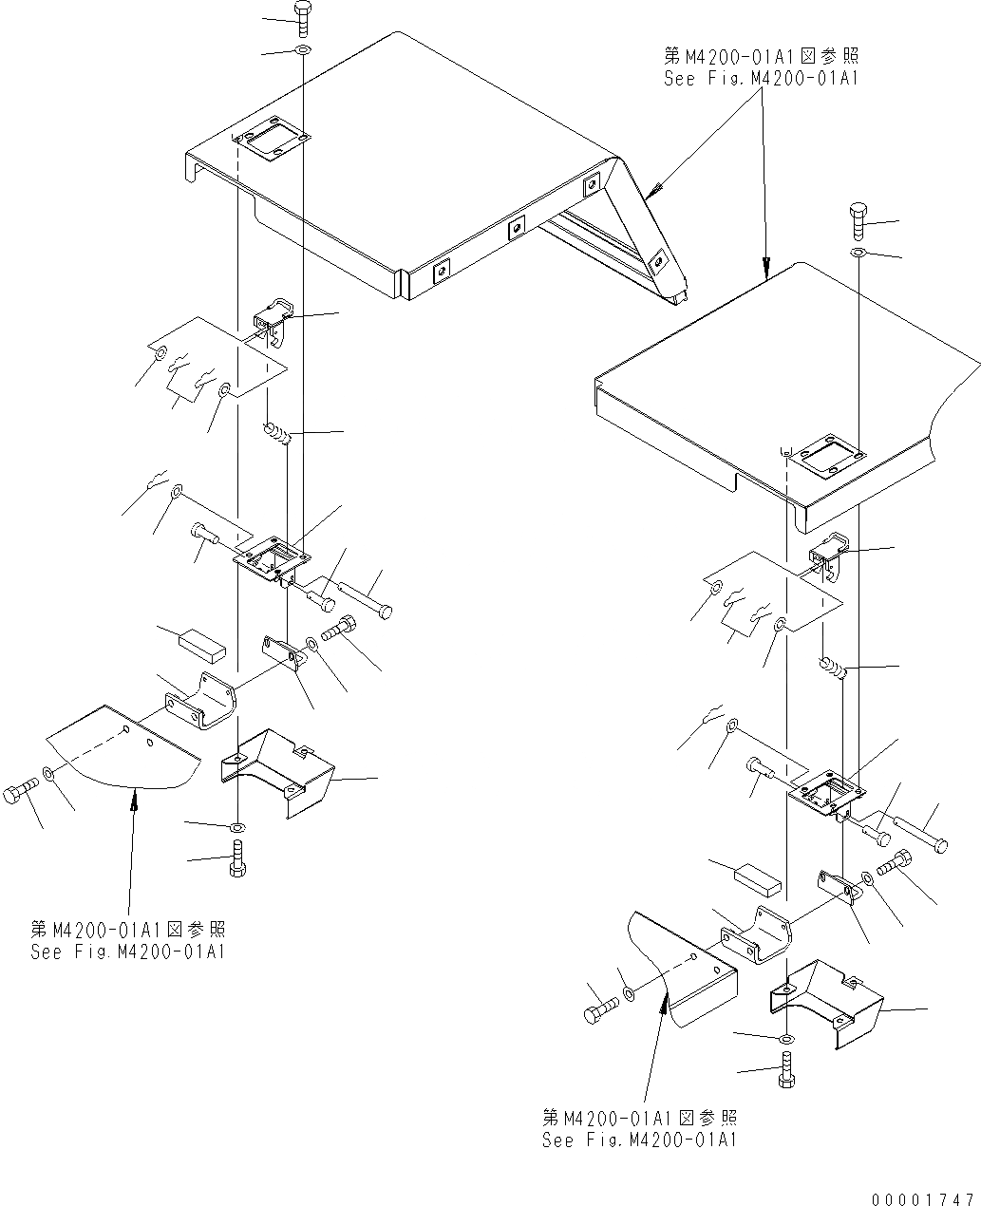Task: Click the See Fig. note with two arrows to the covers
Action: [x=760, y=68]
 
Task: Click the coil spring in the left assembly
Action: [x=276, y=436]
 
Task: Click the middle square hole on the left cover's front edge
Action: [x=517, y=227]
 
